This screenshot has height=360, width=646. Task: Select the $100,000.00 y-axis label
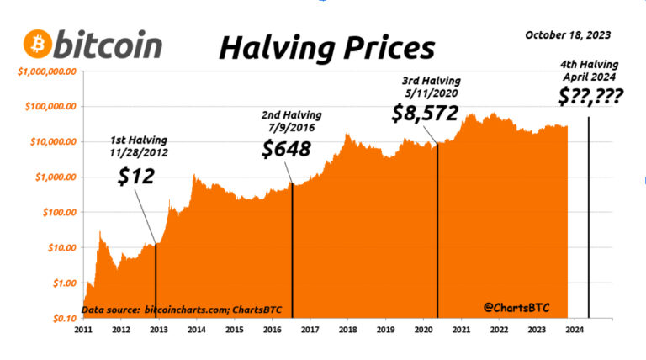point(50,107)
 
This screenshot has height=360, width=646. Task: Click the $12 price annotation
point(134,177)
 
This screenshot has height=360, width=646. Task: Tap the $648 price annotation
point(287,149)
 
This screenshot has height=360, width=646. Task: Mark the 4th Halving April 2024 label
point(590,71)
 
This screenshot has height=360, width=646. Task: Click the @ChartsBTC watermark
point(512,309)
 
